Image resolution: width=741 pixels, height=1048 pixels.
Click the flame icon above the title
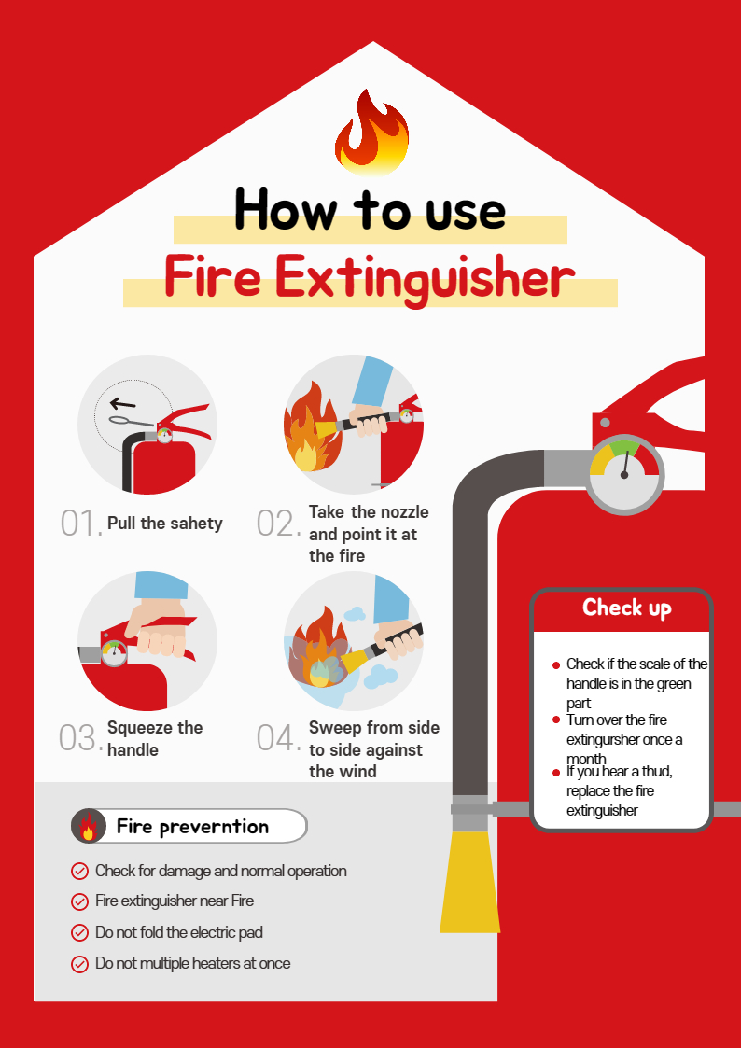(x=371, y=133)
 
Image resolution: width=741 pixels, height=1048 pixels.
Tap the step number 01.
(x=81, y=524)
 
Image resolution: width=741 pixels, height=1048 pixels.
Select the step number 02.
(x=278, y=524)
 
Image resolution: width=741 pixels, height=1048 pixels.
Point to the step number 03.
(x=81, y=738)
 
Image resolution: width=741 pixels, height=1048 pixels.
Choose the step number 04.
(x=278, y=738)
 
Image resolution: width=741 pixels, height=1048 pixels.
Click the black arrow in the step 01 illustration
(x=123, y=404)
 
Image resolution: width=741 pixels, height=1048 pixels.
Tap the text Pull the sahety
(x=165, y=524)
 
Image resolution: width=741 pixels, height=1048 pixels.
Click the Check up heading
(x=627, y=608)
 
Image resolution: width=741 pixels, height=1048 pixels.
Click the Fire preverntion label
(x=192, y=827)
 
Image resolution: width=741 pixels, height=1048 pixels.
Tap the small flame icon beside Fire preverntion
(x=89, y=826)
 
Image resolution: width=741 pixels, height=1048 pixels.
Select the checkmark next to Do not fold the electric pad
(x=79, y=932)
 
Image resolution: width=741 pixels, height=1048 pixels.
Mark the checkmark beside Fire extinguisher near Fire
(x=79, y=901)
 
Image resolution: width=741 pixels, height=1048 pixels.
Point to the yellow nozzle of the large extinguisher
(x=469, y=881)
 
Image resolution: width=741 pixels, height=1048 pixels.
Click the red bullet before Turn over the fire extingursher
(x=556, y=720)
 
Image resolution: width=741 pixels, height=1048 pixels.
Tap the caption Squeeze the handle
(x=155, y=738)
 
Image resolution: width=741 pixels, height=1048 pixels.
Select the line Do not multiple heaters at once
(x=193, y=963)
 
